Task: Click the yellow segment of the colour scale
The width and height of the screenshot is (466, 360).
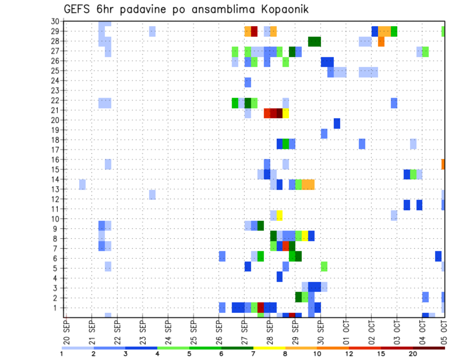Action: coord(269,348)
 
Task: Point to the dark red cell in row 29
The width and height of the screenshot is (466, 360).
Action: coord(254,31)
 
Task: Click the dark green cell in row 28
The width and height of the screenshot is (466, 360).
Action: coord(314,41)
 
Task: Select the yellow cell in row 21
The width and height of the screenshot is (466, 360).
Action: coord(286,113)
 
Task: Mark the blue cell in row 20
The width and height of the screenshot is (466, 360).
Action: coord(336,123)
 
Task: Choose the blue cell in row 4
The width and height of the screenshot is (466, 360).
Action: coord(280,277)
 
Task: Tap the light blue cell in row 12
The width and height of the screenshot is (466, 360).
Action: coord(152,195)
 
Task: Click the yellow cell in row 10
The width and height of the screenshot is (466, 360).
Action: coord(280,215)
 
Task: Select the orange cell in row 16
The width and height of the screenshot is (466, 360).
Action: coord(443,164)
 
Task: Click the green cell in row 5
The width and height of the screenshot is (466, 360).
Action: coord(324,266)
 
